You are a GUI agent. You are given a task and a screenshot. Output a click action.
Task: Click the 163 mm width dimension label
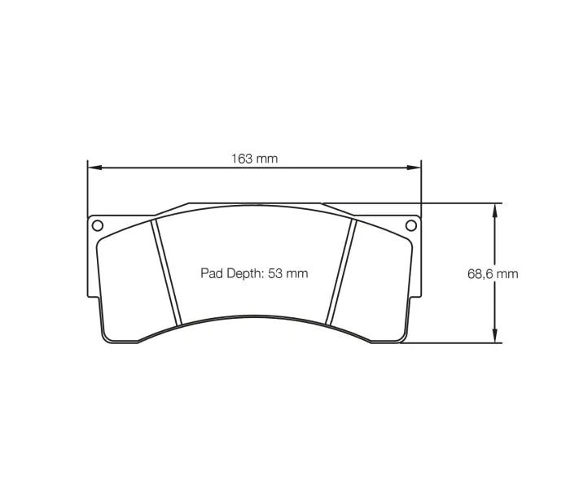pos(255,159)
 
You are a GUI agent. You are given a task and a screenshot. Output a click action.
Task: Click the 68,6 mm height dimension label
pos(492,274)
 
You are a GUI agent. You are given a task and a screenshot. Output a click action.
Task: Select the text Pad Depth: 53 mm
pos(254,274)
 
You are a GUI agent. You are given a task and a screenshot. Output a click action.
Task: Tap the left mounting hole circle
pos(96,225)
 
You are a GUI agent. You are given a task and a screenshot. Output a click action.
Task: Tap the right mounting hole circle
pos(412,225)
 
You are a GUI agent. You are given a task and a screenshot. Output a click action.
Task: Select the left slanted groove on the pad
pos(165,272)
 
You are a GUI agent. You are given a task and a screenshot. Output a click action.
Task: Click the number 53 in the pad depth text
pos(274,274)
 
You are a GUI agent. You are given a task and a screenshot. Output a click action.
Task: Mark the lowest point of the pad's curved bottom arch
pos(254,318)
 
